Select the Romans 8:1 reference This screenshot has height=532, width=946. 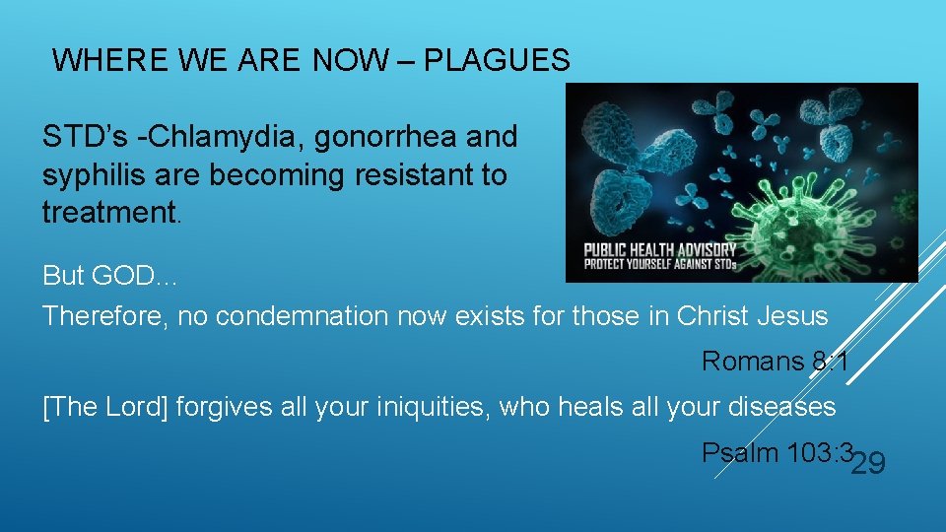775,362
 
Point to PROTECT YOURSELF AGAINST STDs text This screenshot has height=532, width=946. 659,264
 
